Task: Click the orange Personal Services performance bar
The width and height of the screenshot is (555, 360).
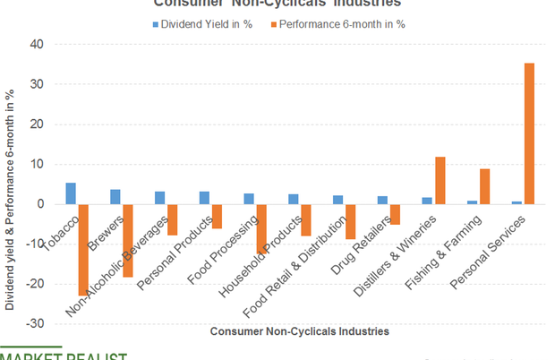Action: coord(529,133)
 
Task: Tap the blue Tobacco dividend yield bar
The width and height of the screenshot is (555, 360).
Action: coord(71,193)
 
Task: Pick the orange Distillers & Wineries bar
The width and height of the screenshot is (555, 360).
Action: coord(440,180)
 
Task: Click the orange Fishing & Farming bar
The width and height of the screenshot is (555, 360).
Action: coord(484,186)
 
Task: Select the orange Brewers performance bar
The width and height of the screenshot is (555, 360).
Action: coord(128,240)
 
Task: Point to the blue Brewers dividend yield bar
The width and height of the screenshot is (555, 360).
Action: coord(115,197)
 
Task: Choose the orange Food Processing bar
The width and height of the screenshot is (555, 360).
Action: coord(261,228)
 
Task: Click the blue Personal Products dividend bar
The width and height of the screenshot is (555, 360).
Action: coord(204,198)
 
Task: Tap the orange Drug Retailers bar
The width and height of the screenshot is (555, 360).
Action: coord(395,214)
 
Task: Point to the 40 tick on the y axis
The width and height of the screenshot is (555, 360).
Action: coord(38,44)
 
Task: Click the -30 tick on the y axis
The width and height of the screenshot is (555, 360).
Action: coord(35,323)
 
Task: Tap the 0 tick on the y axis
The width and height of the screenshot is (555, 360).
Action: coord(40,204)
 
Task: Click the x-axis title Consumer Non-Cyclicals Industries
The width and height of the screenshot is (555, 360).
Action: coord(299,331)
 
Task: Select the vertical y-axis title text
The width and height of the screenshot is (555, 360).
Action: coord(10,198)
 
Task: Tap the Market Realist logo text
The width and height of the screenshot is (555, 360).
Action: coord(63,356)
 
